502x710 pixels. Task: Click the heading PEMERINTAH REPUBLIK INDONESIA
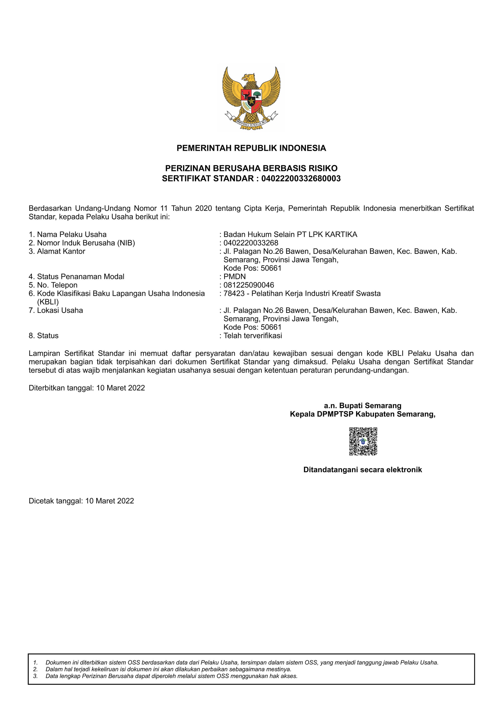251,148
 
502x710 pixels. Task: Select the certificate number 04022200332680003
301,178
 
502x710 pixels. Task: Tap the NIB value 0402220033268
251,243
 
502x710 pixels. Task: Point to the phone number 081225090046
249,285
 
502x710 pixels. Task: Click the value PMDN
234,276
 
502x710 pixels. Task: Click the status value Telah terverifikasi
253,335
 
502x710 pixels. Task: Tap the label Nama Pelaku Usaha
72,234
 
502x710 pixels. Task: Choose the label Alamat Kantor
61,251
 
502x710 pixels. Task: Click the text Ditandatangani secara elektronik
362,470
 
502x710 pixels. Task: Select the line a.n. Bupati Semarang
362,405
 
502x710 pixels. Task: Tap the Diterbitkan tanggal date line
87,388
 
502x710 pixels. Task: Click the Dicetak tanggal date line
81,501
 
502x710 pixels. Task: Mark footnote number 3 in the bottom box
36,676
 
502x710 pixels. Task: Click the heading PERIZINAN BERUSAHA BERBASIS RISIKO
251,168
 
